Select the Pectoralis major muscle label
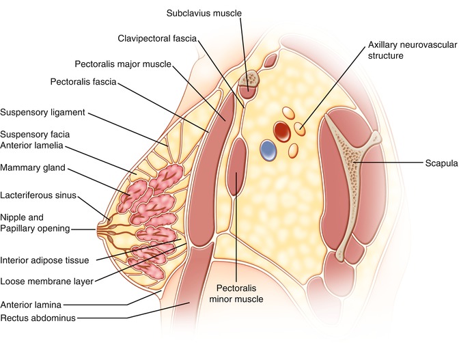click(x=123, y=64)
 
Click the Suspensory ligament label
click(x=42, y=112)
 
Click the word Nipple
click(x=16, y=217)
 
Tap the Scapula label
click(x=439, y=164)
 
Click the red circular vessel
click(x=282, y=130)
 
